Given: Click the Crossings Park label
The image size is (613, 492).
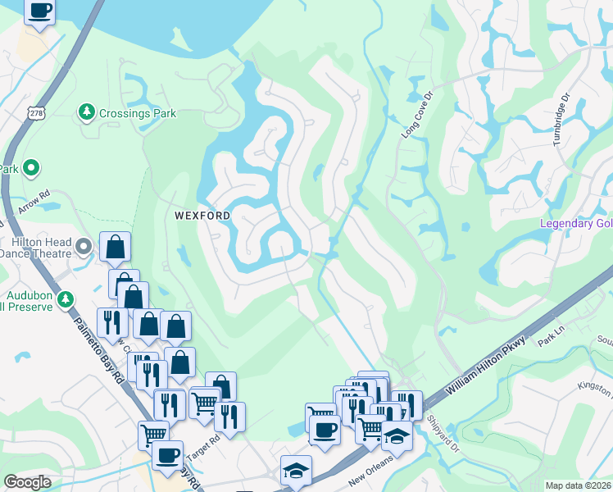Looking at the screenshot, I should pyautogui.click(x=138, y=112).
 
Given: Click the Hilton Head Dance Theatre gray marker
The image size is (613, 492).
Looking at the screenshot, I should pyautogui.click(x=84, y=246).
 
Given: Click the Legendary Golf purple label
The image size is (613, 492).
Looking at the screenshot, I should pyautogui.click(x=575, y=225).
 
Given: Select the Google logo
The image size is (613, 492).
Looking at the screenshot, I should pyautogui.click(x=28, y=482).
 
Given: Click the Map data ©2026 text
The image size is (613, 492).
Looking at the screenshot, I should pyautogui.click(x=577, y=485).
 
